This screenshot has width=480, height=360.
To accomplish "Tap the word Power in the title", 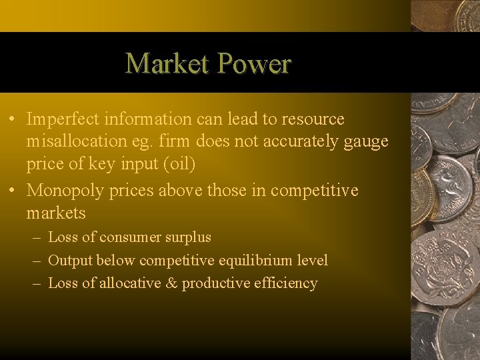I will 254,63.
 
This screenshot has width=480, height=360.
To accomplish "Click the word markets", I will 56,213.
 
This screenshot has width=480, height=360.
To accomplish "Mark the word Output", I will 70,260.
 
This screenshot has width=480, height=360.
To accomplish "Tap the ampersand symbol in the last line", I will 171,283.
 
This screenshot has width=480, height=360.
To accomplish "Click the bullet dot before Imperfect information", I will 13,120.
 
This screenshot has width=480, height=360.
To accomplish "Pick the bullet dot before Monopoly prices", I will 13,191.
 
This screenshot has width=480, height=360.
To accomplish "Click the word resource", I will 313,119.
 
